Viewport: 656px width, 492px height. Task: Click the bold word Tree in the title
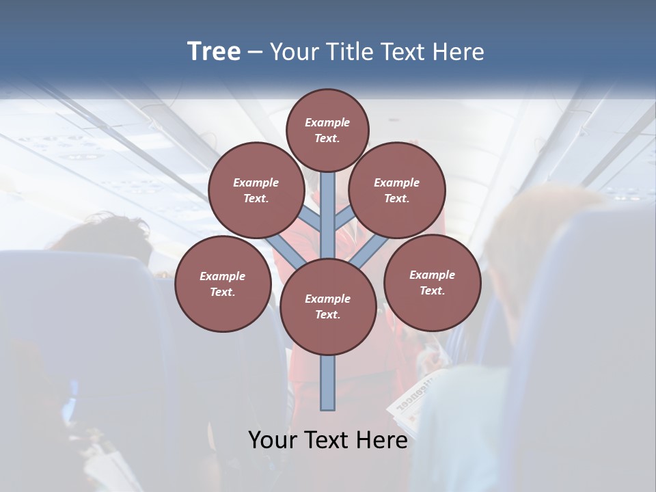pos(214,52)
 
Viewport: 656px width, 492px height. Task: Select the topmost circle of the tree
pos(327,130)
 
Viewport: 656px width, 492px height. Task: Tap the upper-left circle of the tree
pos(256,190)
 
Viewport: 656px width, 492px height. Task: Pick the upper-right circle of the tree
pos(397,190)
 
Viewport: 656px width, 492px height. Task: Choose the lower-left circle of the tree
pos(223,284)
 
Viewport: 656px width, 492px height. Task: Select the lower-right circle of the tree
pos(432,282)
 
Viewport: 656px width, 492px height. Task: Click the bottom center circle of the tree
pos(327,306)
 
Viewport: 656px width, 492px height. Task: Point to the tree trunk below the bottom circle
pos(327,383)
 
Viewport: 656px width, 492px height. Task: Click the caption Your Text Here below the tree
pos(327,440)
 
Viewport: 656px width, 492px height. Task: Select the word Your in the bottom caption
pos(273,440)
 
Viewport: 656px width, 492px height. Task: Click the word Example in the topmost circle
pos(327,122)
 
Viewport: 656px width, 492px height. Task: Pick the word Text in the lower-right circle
pos(431,290)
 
